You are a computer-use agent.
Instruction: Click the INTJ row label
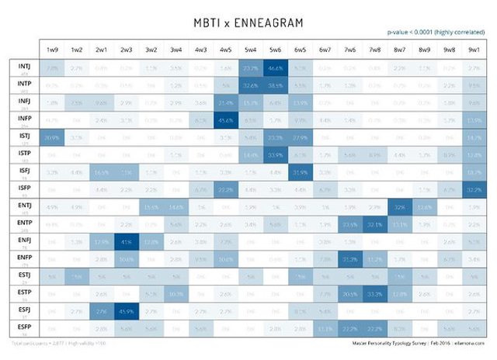[x=23, y=67]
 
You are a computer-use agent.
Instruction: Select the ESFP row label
[x=23, y=328]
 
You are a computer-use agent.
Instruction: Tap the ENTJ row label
[x=23, y=206]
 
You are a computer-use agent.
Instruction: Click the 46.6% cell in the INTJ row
[x=275, y=68]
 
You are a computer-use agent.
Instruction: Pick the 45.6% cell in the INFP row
[x=225, y=120]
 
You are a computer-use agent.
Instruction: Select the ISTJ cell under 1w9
[x=52, y=137]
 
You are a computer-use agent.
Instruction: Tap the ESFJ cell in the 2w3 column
[x=126, y=311]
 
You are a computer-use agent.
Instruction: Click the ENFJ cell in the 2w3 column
[x=126, y=241]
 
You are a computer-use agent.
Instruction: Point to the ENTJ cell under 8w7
[x=398, y=207]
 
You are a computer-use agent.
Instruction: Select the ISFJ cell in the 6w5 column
[x=300, y=171]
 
